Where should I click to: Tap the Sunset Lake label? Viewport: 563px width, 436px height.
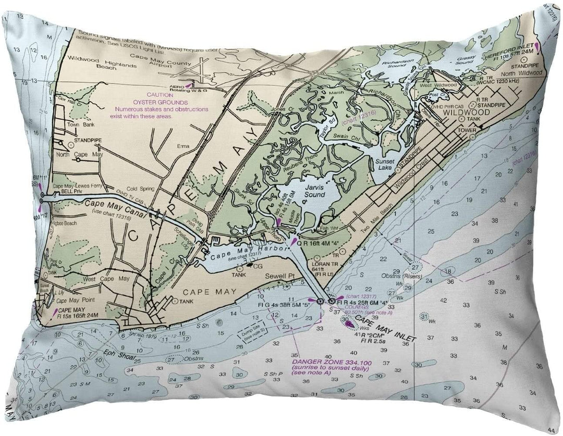tap(385, 166)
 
